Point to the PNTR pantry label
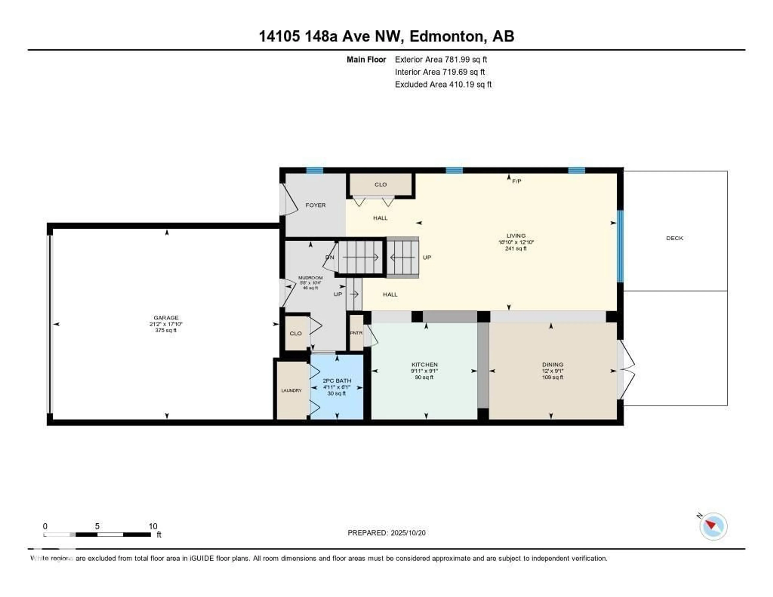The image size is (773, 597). pos(356,333)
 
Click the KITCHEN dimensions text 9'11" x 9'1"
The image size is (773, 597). pos(424,371)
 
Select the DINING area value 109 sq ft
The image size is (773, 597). pos(553,377)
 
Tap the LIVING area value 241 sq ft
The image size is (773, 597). pos(516,248)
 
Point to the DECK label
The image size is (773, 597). pos(674,238)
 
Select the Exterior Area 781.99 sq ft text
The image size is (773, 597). pos(441,59)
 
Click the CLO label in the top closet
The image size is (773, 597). pos(380,184)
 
